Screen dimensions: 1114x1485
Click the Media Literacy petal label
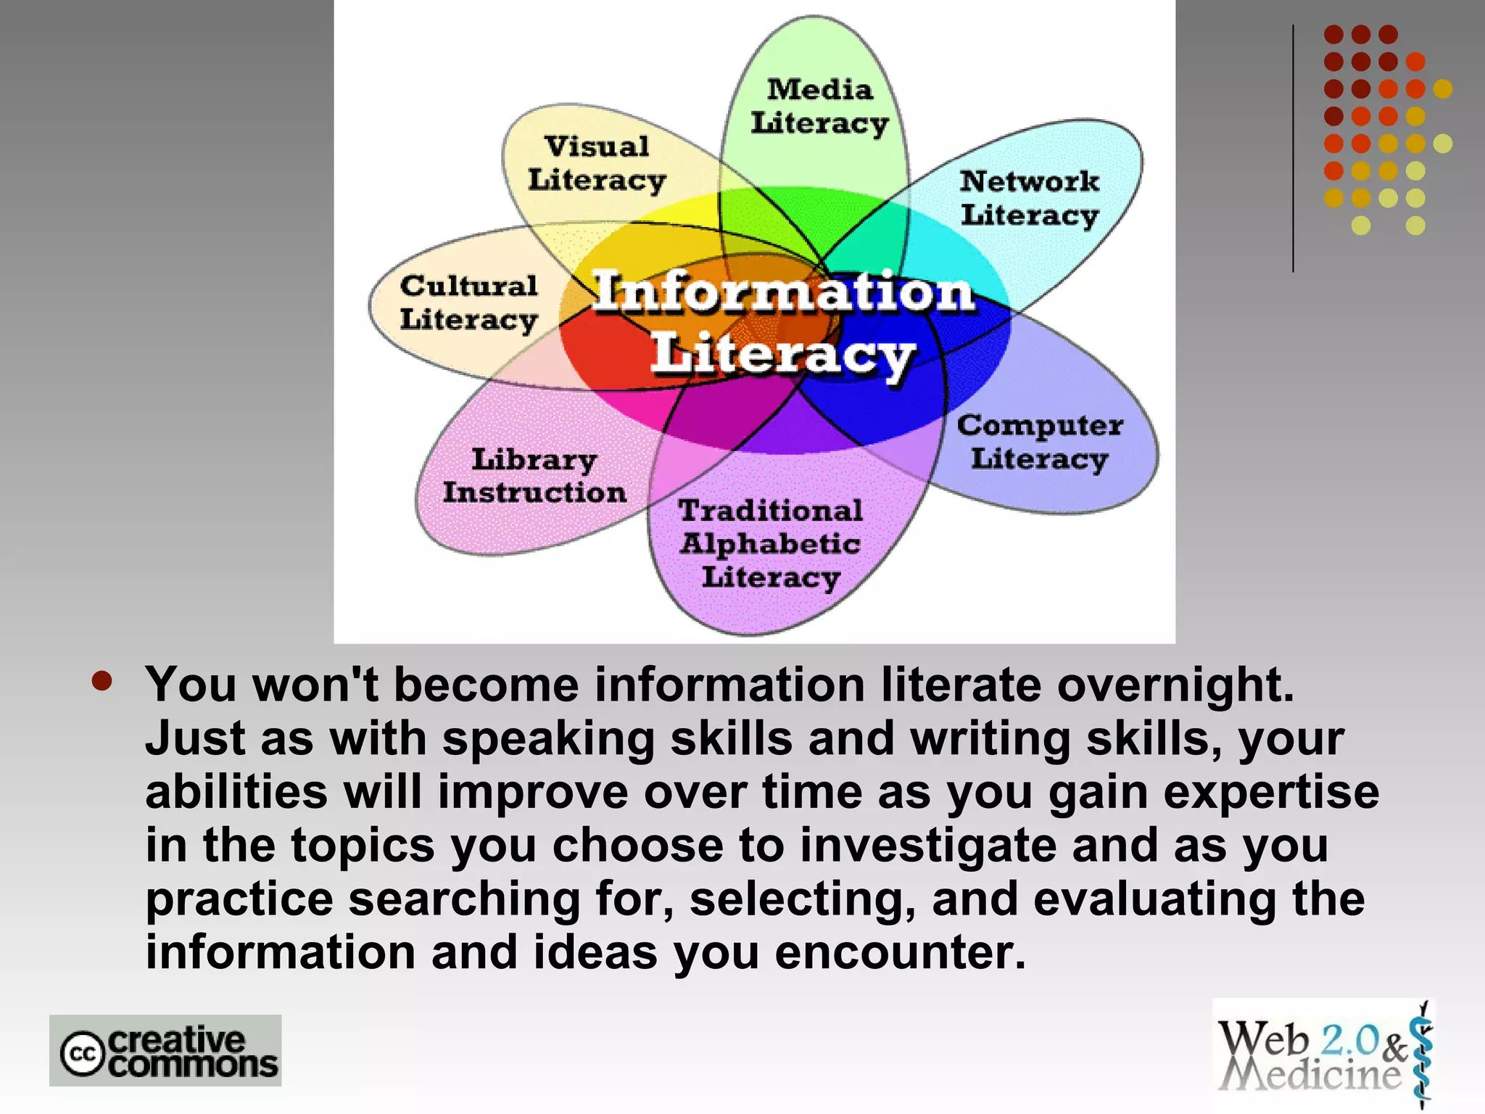819,107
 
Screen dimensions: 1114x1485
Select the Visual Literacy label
597,163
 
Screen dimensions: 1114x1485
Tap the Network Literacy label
1030,198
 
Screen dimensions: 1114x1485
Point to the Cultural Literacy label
469,302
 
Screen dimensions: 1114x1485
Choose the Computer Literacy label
1040,442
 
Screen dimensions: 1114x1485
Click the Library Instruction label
534,476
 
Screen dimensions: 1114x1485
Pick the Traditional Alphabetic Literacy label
771,544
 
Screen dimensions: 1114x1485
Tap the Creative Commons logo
165,1050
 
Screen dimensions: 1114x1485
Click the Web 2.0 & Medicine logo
1323,1055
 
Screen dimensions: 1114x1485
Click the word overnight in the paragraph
1175,685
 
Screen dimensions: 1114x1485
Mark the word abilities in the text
236,791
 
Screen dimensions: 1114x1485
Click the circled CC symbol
83,1054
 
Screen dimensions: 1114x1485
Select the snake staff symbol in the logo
1423,1055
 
